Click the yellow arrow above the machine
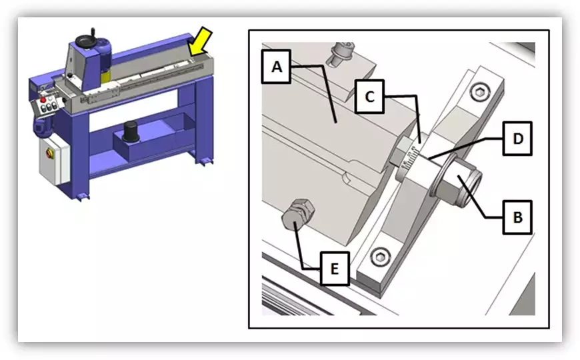[x=199, y=42]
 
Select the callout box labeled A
[x=276, y=67]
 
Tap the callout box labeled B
[x=517, y=217]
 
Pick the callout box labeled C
[x=369, y=97]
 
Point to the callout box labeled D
[x=517, y=139]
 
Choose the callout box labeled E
[x=335, y=268]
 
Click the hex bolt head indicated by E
[x=297, y=215]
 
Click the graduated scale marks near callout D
[x=410, y=159]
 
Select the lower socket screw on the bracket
[x=381, y=257]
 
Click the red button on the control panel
[x=43, y=100]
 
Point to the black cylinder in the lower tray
[x=131, y=132]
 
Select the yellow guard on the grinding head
[x=105, y=76]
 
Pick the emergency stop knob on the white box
[x=50, y=153]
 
